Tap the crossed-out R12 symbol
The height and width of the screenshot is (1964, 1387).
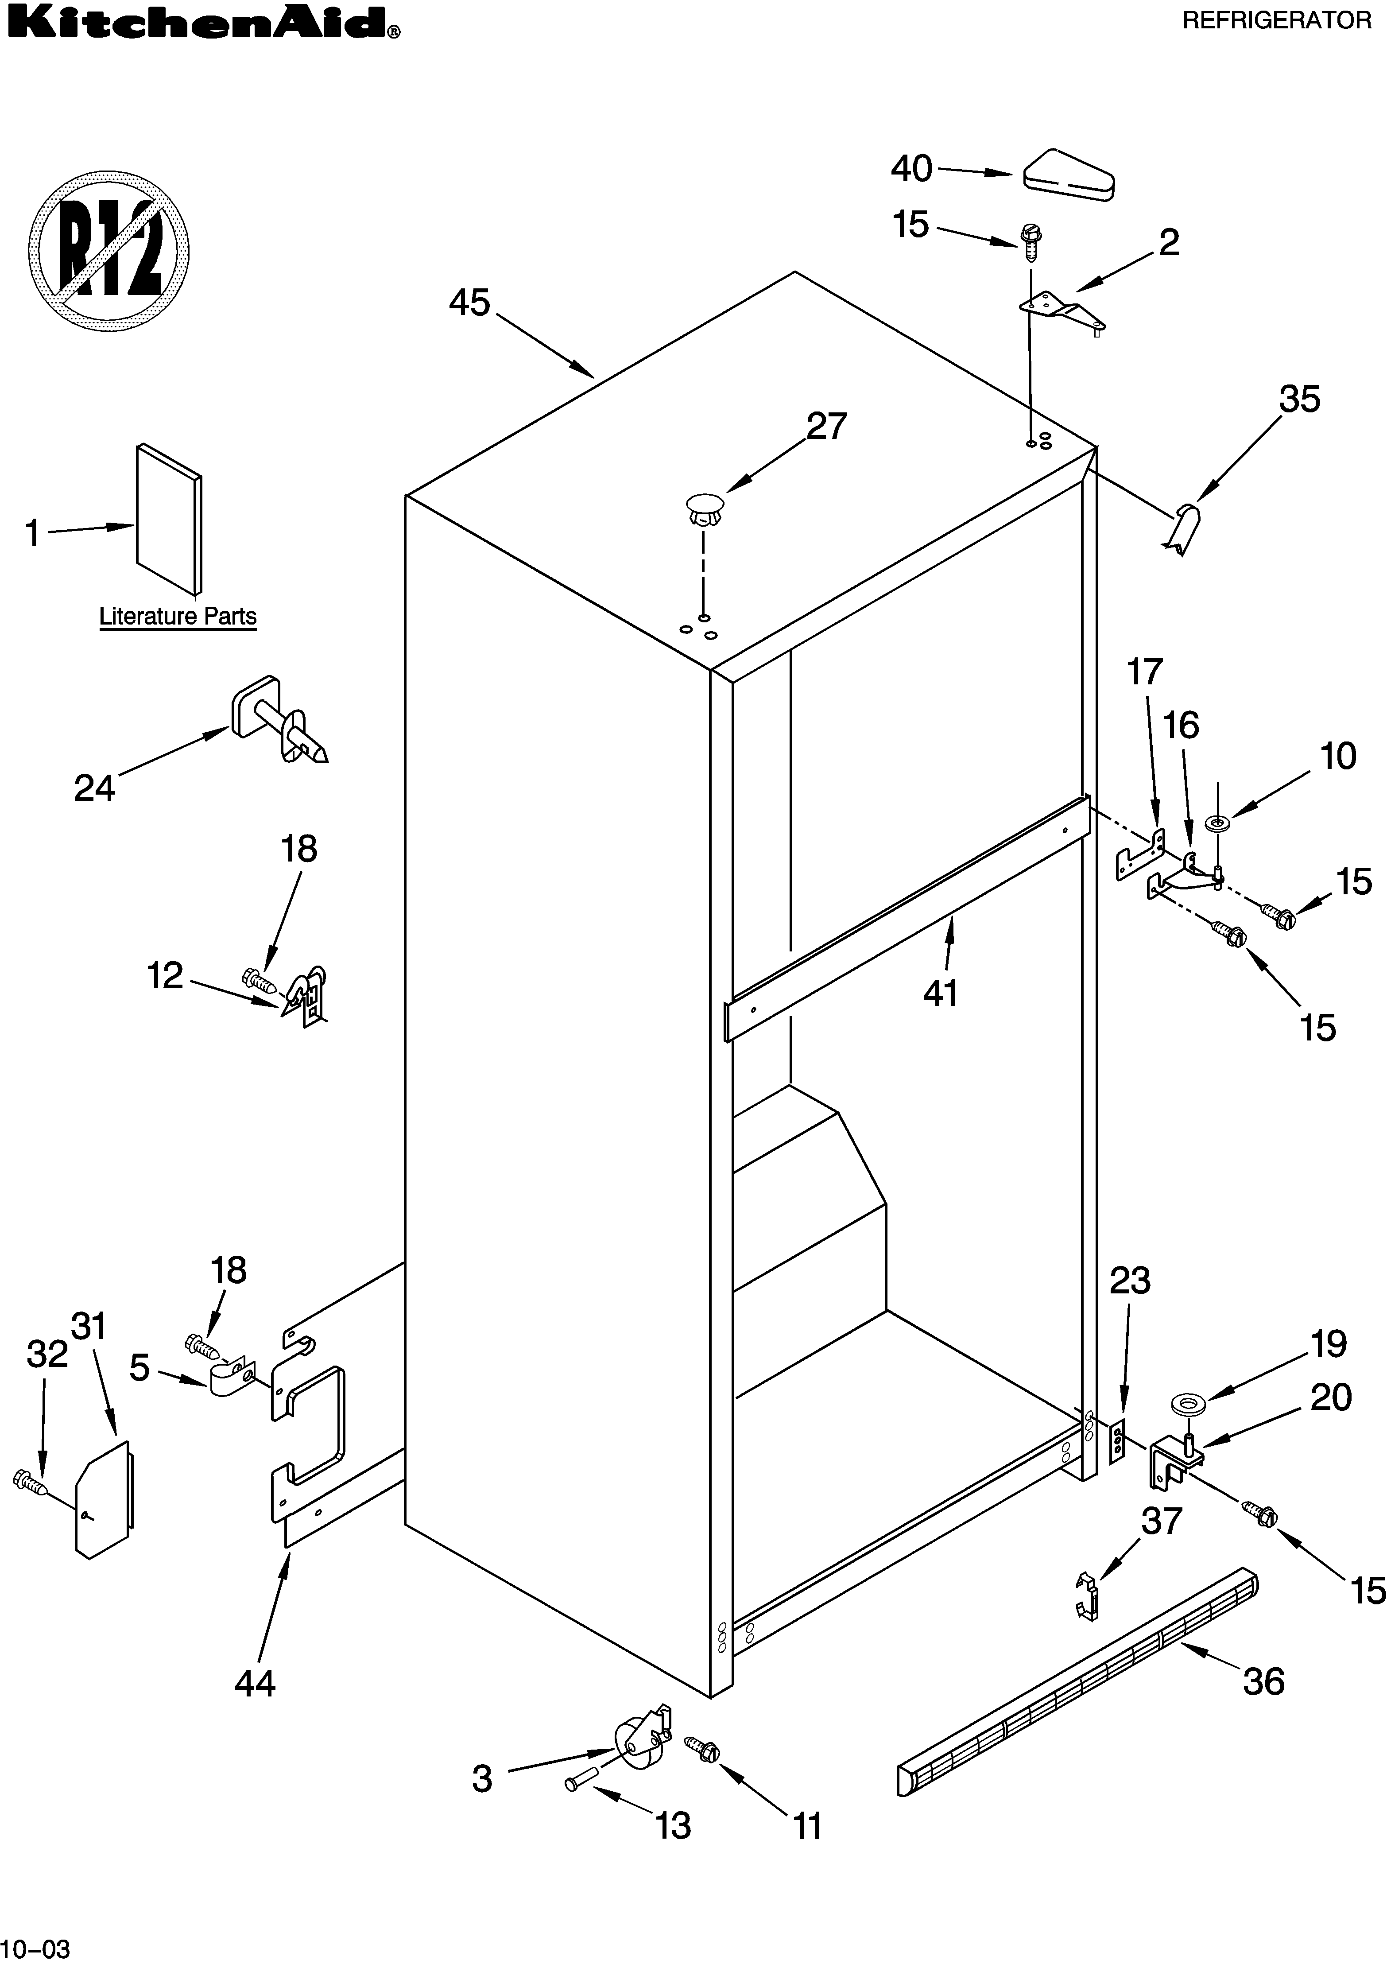[x=108, y=252]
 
